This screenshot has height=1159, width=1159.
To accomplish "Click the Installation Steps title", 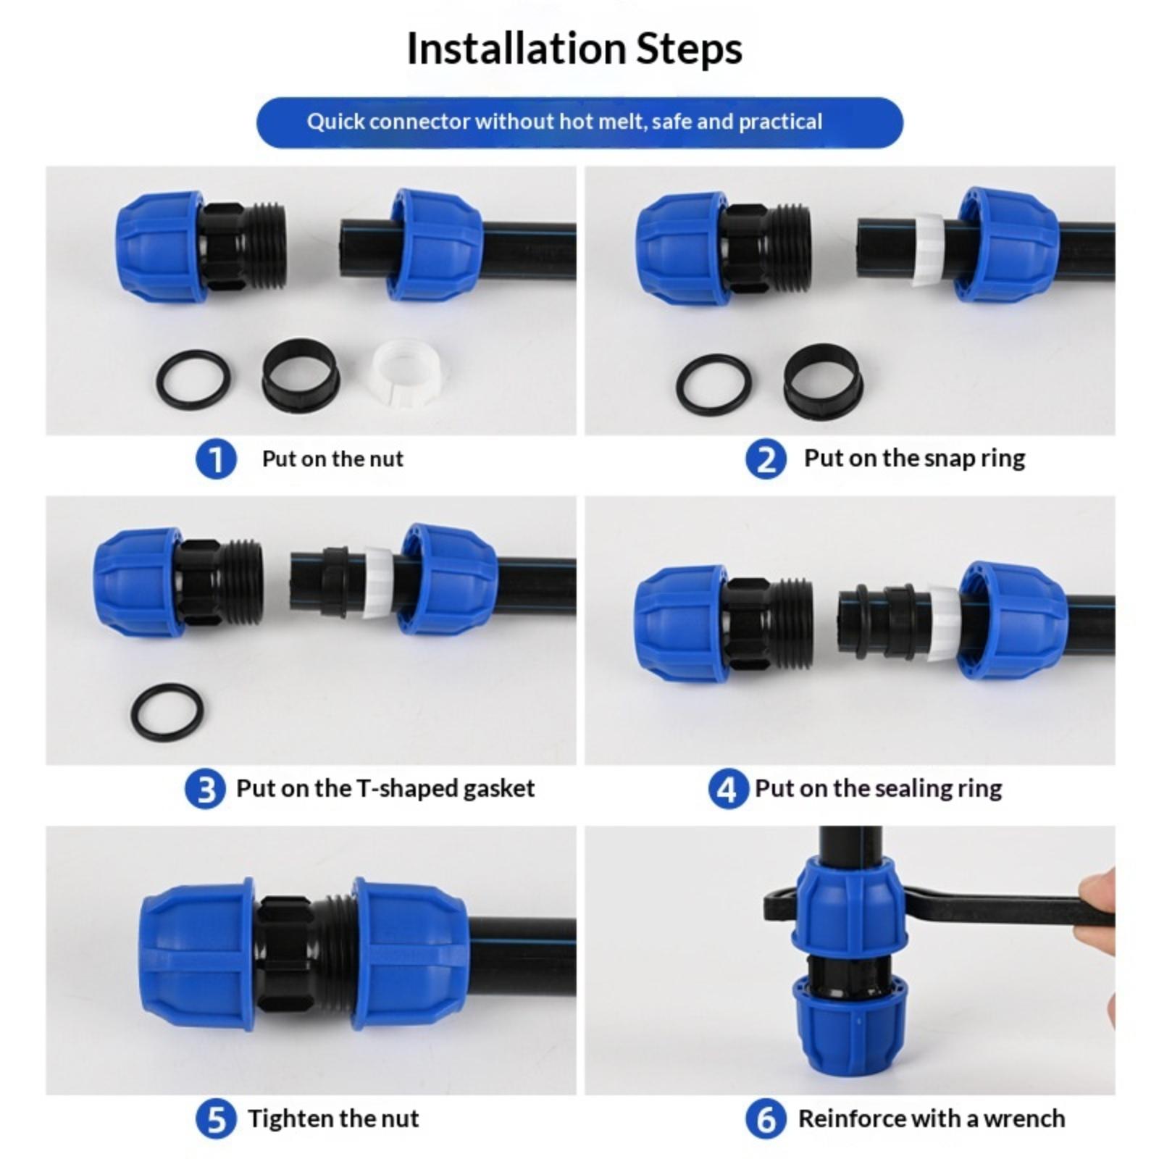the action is (574, 49).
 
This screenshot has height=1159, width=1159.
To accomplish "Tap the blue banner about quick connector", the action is (579, 122).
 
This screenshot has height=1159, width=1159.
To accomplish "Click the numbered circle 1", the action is (216, 459).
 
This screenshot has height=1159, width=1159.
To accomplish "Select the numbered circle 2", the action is (766, 459).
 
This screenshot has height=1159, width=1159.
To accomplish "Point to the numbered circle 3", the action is (205, 789).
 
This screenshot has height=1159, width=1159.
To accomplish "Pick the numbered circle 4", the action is (728, 789).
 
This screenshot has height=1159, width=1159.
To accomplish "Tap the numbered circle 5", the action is (216, 1119).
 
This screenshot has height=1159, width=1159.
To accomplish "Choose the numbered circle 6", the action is (766, 1119).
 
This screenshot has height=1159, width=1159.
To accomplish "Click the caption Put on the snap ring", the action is (914, 459).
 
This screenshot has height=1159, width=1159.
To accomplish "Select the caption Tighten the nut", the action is (333, 1118).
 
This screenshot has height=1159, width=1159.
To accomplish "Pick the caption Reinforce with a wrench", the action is (932, 1118).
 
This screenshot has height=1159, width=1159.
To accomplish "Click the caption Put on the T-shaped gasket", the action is (385, 788).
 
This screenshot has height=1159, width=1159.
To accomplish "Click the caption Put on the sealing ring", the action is (879, 788).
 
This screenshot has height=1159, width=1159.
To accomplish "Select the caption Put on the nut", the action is (332, 459).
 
